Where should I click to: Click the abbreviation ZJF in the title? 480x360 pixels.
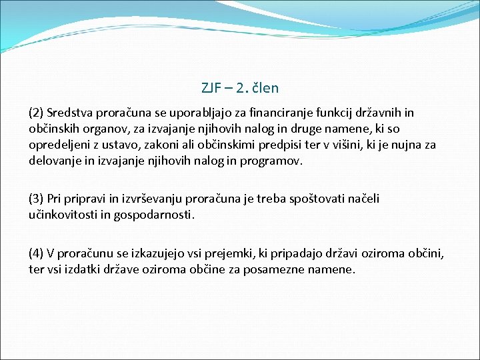[x=211, y=88]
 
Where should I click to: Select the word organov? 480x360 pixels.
[x=105, y=128]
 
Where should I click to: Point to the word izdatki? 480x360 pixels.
[x=89, y=270]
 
